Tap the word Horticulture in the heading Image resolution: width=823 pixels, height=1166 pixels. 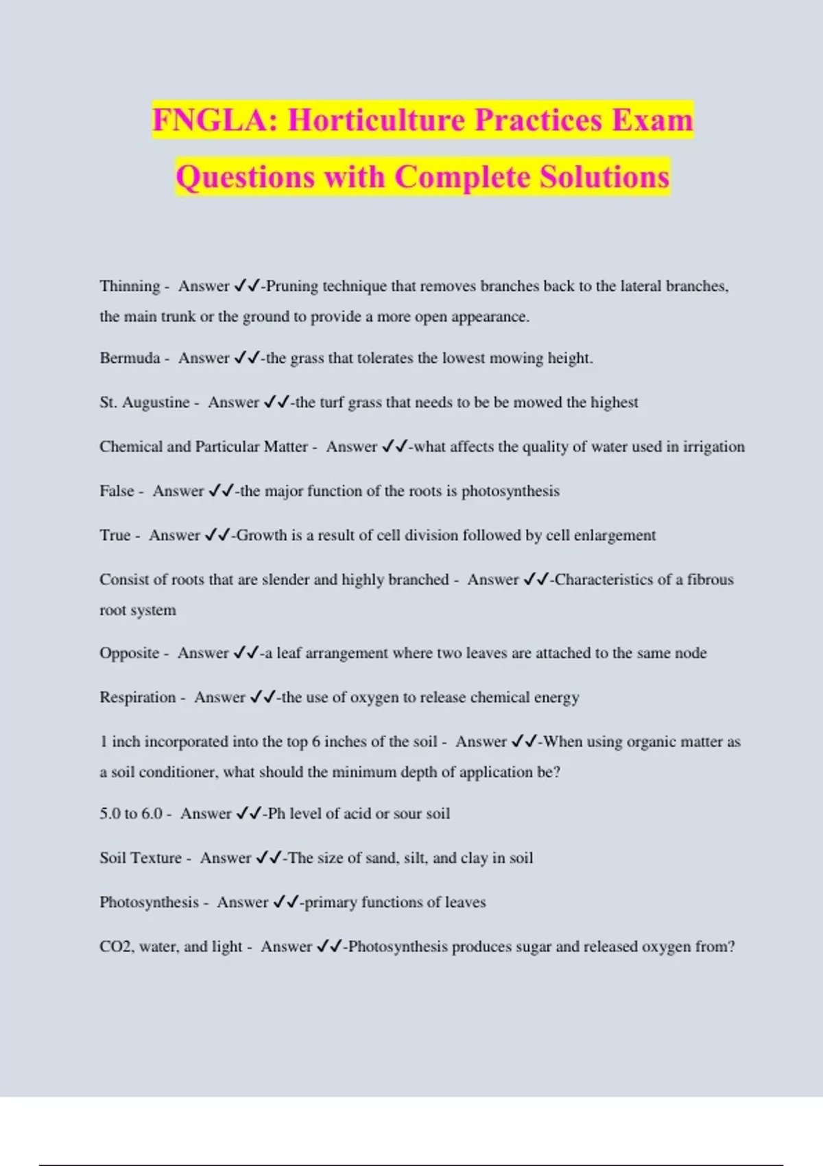click(x=376, y=120)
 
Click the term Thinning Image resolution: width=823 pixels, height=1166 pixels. click(x=130, y=286)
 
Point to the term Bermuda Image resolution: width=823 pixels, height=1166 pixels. click(x=130, y=358)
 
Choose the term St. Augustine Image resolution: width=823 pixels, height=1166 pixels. click(x=144, y=403)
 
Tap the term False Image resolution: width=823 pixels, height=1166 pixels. click(x=117, y=491)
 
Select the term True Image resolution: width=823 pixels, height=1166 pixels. click(x=115, y=536)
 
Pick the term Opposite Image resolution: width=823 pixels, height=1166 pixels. click(x=129, y=653)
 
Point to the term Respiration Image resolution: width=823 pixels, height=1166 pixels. click(x=137, y=698)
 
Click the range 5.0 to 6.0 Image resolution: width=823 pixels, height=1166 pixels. click(x=130, y=814)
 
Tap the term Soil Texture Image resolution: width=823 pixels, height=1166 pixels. click(x=141, y=858)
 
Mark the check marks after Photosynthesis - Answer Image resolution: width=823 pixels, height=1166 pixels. click(x=285, y=903)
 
